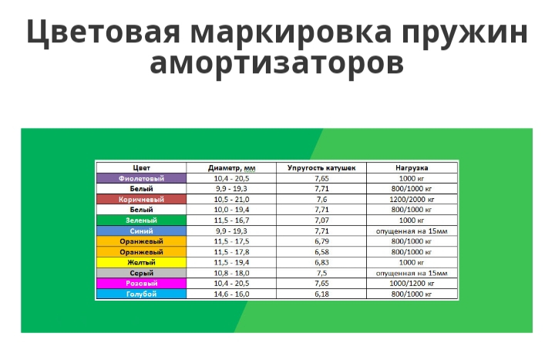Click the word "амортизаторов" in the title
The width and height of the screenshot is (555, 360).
(277, 64)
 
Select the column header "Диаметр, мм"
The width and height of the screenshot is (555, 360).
(231, 168)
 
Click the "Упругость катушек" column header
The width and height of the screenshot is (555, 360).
(321, 168)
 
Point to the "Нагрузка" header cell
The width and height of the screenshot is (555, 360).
(412, 168)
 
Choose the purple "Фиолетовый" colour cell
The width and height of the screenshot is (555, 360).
(141, 178)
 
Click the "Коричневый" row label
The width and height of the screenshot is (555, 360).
(141, 200)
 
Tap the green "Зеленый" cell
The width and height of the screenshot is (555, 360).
(141, 220)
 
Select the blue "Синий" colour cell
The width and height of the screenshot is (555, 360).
(141, 230)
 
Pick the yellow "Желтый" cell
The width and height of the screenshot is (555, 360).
(141, 262)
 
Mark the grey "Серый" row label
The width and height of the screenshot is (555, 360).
(141, 273)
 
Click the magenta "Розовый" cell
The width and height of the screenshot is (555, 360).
(141, 283)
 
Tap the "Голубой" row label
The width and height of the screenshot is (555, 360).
(141, 294)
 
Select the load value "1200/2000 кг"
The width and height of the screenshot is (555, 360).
(412, 200)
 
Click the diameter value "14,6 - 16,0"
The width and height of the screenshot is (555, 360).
(231, 294)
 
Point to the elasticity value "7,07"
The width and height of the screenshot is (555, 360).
(321, 220)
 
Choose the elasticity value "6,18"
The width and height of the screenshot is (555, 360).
(321, 294)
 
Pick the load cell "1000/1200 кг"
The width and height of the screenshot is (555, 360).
(412, 283)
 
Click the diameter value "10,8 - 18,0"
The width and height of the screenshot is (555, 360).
(231, 273)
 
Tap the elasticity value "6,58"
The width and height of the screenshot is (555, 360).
(321, 251)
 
